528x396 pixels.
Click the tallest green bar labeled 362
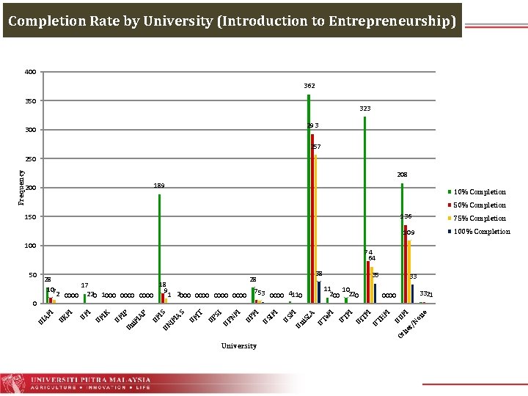pyautogui.click(x=309, y=198)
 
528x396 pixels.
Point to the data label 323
pyautogui.click(x=364, y=109)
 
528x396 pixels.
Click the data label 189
pyautogui.click(x=159, y=186)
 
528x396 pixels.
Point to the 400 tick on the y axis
pyautogui.click(x=30, y=73)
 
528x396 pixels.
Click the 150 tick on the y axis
pyautogui.click(x=30, y=217)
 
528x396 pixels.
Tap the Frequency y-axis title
pyautogui.click(x=21, y=188)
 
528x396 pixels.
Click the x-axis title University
pyautogui.click(x=239, y=345)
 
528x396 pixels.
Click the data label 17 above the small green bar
pyautogui.click(x=85, y=286)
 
